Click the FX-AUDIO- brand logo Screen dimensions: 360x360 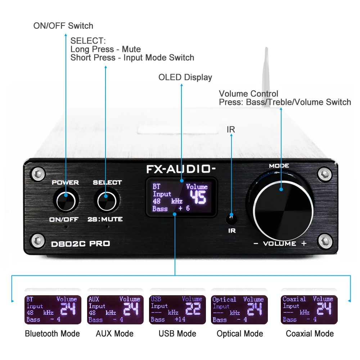click(181, 169)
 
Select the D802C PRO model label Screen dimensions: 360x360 click(80, 244)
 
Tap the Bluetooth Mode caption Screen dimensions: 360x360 click(52, 334)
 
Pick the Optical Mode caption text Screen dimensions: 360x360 click(240, 334)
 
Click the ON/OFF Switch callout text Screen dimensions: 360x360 click(63, 26)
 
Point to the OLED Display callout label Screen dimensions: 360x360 click(185, 77)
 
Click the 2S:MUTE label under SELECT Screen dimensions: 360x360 click(105, 219)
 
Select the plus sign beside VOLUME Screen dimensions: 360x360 click(304, 244)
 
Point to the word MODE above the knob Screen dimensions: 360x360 click(279, 166)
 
